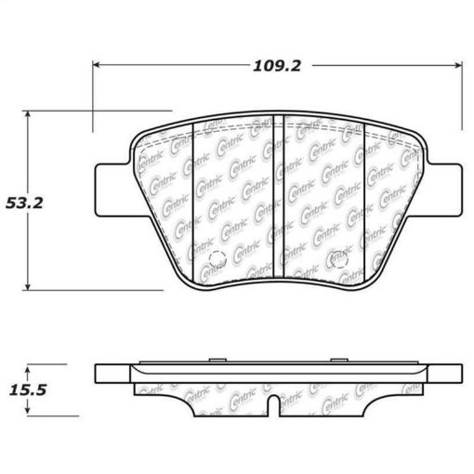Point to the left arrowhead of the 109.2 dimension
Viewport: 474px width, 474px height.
[97, 65]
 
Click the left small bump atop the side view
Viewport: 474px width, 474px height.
[215, 358]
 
